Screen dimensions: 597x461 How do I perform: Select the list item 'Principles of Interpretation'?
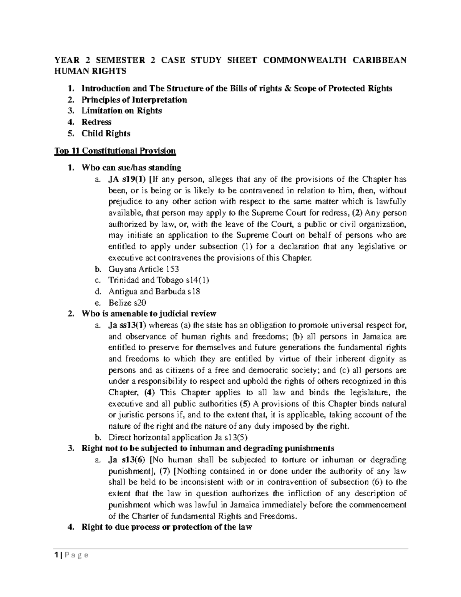[134, 100]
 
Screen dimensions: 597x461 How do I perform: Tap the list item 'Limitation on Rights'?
[121, 111]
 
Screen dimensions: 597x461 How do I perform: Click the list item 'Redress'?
[96, 122]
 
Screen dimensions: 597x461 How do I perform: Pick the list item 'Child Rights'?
[106, 134]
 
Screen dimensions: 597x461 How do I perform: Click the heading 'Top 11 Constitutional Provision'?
[115, 151]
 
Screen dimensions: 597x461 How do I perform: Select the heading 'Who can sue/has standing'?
[131, 168]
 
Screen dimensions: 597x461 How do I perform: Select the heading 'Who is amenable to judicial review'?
[149, 314]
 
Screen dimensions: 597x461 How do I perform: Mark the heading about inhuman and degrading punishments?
[208, 449]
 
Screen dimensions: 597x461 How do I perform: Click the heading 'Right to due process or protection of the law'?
[167, 527]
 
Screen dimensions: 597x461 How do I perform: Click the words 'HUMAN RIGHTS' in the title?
[90, 71]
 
